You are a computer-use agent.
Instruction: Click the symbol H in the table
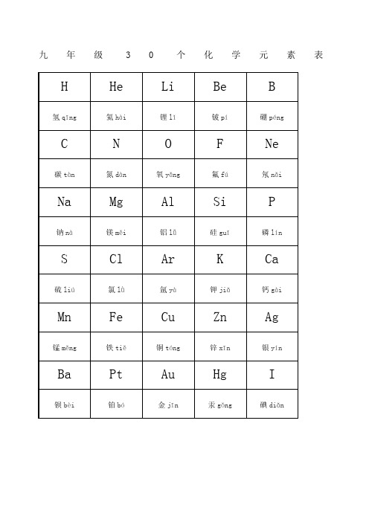64,87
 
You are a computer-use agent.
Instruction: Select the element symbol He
116,87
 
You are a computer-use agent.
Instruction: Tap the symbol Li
168,87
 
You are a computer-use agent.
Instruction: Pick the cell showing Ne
272,144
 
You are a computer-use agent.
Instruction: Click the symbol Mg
116,202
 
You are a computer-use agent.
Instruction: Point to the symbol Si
219,202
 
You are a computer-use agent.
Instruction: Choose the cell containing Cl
116,260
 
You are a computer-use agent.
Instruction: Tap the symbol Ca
272,260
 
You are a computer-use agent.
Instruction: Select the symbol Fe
116,318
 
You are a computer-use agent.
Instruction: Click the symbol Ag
272,318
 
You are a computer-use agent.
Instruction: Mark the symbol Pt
116,375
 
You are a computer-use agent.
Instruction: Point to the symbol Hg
219,375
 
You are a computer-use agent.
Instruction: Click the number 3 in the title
128,56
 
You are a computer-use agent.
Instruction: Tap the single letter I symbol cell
272,375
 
